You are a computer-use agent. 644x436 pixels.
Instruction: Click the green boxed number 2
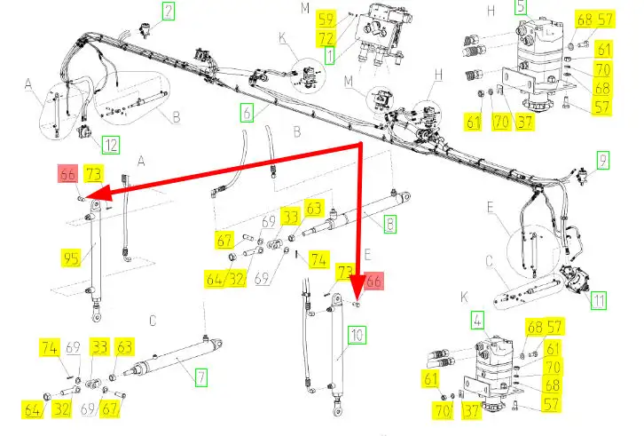[168, 11]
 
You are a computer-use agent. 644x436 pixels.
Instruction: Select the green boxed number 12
[111, 146]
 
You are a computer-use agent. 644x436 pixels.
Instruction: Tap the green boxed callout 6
[247, 113]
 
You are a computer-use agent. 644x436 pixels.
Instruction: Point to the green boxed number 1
[329, 55]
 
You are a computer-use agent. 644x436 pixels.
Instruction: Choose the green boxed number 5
[521, 7]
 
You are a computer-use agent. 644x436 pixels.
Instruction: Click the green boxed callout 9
[602, 160]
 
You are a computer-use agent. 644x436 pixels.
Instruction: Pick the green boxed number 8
[389, 225]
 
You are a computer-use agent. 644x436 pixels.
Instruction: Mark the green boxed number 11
[599, 300]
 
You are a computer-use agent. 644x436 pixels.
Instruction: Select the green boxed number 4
[477, 320]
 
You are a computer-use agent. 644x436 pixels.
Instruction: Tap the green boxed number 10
[357, 336]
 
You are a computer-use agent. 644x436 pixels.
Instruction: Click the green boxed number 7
[200, 377]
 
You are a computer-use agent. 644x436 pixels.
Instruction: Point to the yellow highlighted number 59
[326, 20]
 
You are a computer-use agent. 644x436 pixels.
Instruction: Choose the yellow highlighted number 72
[326, 38]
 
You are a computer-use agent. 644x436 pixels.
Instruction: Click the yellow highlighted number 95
[71, 258]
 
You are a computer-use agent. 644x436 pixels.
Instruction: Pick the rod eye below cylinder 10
[337, 409]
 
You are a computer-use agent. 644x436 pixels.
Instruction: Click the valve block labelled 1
[380, 33]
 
